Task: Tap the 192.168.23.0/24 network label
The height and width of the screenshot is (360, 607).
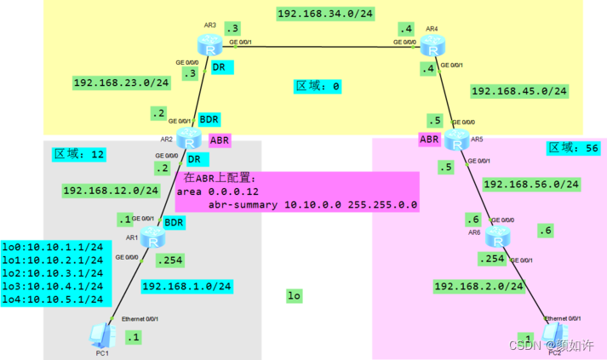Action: [121, 83]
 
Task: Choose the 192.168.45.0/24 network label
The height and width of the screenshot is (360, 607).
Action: [520, 91]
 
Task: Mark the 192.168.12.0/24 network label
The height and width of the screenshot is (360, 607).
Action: [110, 190]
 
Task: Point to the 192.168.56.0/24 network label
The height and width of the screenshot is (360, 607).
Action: [531, 184]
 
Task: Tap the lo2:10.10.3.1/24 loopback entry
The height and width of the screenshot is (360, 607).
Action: [52, 274]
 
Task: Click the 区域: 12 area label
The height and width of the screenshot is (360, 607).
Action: [79, 154]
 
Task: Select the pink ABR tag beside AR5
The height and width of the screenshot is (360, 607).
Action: [429, 138]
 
